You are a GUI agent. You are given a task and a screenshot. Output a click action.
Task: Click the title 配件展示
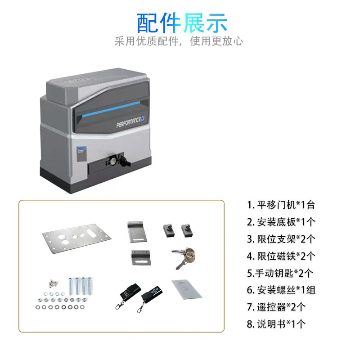[182, 22]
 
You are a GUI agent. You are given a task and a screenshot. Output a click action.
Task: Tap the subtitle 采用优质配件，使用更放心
[179, 41]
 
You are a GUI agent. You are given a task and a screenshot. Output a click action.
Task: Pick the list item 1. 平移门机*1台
[281, 205]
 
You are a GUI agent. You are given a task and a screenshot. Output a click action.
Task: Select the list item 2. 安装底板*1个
[281, 222]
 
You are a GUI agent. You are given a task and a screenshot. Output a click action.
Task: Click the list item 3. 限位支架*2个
[281, 239]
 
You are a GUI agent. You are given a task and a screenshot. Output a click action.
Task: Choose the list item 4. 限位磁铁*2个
[281, 256]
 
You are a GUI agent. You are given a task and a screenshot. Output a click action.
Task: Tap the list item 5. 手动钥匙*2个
[280, 273]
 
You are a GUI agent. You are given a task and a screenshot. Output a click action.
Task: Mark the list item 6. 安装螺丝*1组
[281, 290]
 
